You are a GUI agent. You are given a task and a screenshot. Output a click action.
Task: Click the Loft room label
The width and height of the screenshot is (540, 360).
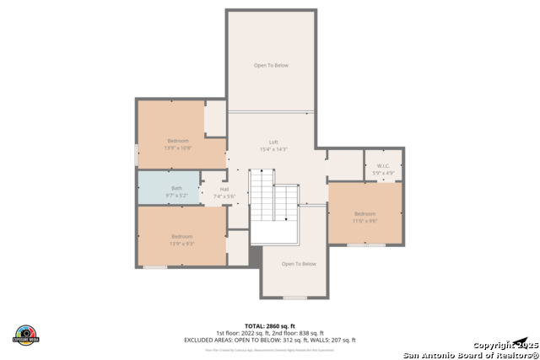(273, 142)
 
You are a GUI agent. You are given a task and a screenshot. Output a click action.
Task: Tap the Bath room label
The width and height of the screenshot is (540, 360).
(176, 188)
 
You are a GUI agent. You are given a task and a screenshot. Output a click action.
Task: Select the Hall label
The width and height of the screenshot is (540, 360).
(224, 189)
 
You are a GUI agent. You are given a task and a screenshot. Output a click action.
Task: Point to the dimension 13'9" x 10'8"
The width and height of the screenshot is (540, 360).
(177, 148)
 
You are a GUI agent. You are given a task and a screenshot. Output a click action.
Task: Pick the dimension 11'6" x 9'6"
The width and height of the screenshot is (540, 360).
(364, 220)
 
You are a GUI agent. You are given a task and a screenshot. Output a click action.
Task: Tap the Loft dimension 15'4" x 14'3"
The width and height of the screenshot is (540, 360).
(273, 149)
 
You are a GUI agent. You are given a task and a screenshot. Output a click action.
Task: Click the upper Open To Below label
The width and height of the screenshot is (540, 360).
(271, 65)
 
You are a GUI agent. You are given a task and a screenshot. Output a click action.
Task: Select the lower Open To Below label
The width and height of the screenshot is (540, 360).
(299, 264)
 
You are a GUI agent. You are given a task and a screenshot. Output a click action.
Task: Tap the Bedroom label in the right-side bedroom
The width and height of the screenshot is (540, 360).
(364, 213)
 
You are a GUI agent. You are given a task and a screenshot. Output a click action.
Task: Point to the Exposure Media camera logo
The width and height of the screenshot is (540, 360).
(26, 334)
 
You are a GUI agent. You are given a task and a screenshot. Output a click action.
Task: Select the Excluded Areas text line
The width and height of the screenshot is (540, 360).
(269, 340)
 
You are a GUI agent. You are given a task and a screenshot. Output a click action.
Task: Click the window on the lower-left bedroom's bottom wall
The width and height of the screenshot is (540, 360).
(154, 267)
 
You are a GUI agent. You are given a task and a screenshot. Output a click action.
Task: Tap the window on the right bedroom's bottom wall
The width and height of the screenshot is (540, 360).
(365, 245)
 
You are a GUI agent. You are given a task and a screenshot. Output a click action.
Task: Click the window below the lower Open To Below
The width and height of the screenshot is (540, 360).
(294, 298)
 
